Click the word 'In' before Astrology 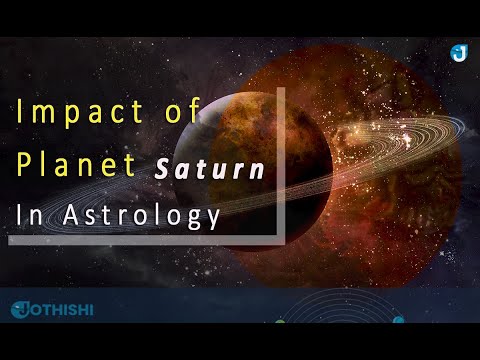25,216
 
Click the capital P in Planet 22,166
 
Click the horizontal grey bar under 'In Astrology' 140,240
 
